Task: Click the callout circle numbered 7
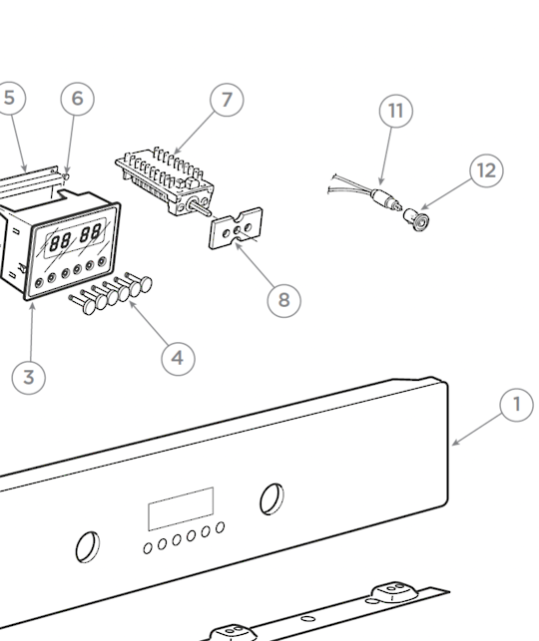point(227,100)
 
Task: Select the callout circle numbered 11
point(395,111)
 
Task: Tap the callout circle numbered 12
point(487,170)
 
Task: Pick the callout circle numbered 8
point(284,300)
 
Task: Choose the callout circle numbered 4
point(178,359)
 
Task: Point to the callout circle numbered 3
point(28,377)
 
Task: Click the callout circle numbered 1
point(516,405)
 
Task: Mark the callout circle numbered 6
point(77,99)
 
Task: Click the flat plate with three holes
point(236,228)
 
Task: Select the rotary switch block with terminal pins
point(165,180)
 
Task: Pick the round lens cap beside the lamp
point(416,219)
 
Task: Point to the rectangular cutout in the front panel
point(181,509)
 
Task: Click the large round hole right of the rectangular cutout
point(271,498)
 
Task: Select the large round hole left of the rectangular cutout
point(88,546)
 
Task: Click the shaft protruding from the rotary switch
point(200,206)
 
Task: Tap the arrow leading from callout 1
point(477,430)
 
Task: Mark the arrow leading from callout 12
point(446,194)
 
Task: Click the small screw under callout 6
point(66,176)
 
